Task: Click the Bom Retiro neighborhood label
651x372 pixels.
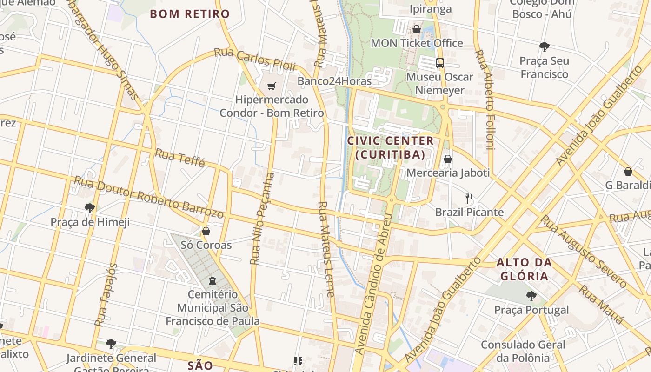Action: [x=190, y=14]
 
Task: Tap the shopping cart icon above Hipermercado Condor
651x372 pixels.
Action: [x=272, y=86]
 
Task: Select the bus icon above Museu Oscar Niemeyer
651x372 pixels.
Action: [x=439, y=63]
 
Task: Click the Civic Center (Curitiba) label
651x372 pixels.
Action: [x=391, y=147]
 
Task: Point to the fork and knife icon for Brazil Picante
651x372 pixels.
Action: [x=469, y=199]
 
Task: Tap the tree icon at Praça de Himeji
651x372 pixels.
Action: [x=90, y=208]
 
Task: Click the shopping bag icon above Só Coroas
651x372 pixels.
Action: [x=206, y=231]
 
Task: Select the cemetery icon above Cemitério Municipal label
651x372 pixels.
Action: [x=213, y=281]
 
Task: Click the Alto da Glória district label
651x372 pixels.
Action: [x=524, y=269]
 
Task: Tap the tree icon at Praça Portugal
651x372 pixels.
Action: [x=531, y=296]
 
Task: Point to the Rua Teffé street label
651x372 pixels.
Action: [x=180, y=158]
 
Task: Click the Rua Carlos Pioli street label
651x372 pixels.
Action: [x=255, y=60]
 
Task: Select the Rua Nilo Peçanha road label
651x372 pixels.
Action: [x=262, y=219]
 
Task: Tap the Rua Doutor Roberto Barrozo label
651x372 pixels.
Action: [x=149, y=197]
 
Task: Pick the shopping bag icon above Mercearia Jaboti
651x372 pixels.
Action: [x=448, y=159]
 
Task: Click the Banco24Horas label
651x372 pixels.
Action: [x=334, y=81]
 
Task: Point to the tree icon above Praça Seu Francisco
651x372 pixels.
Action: [x=544, y=46]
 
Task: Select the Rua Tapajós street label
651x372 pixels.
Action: [x=106, y=295]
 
